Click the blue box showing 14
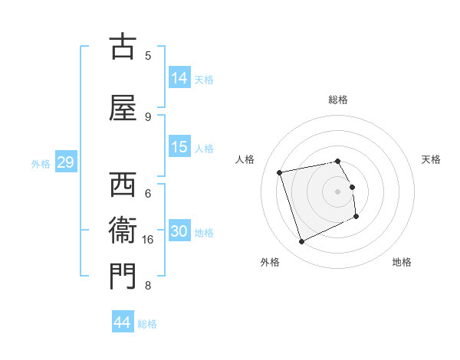click(x=179, y=77)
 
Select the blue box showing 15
click(x=179, y=147)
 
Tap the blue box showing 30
click(x=179, y=231)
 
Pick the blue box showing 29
click(x=65, y=162)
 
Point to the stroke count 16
click(x=148, y=240)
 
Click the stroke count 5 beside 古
click(x=148, y=55)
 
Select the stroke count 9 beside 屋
click(x=148, y=116)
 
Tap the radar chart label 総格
click(x=338, y=100)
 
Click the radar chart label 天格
click(x=431, y=159)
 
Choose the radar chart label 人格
click(x=245, y=159)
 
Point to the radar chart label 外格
click(x=270, y=262)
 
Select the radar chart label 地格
click(x=402, y=262)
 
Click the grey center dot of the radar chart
click(x=338, y=191)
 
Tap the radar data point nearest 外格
click(x=301, y=242)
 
